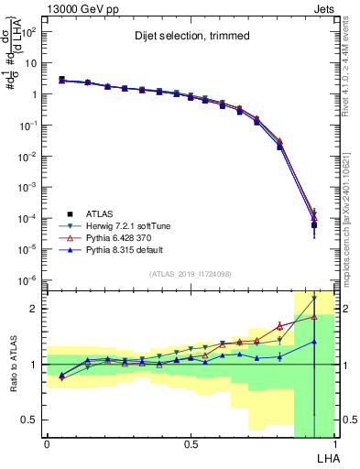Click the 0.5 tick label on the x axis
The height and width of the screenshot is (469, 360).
190,443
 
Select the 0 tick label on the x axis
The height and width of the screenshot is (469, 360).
47,443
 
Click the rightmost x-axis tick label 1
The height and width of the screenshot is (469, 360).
335,443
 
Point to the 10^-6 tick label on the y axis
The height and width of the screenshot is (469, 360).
25,280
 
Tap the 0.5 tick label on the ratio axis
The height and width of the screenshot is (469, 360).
30,420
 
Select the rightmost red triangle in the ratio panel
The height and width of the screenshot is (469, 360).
314,317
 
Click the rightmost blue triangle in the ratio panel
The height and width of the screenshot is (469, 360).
314,342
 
